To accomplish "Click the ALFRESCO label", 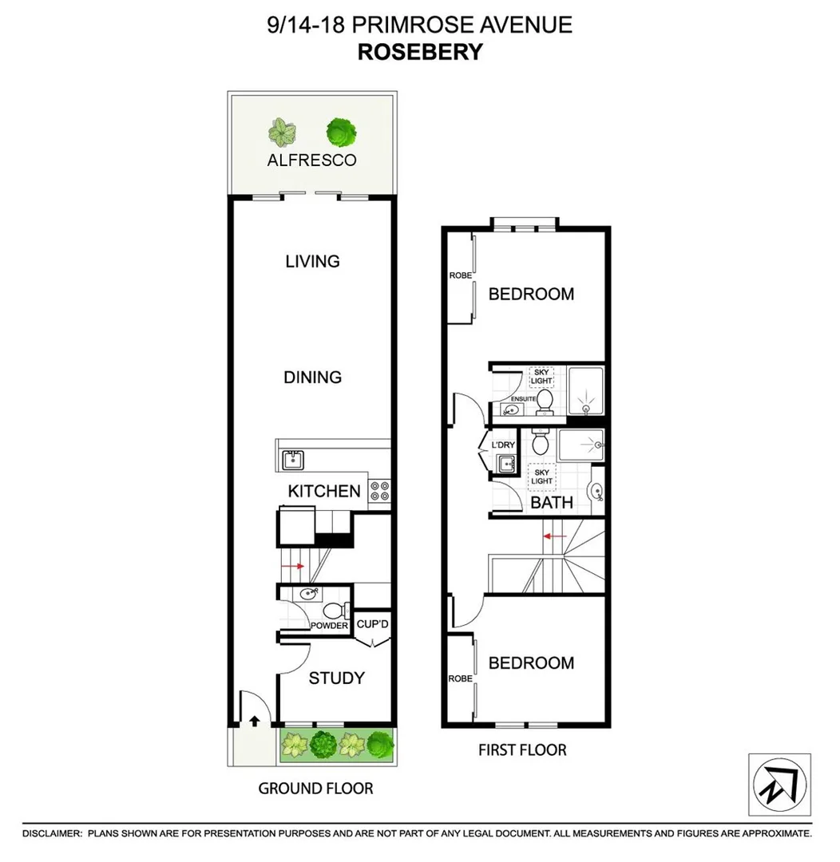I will click(312, 160).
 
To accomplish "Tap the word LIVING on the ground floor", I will click(312, 261).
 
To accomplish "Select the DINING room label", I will click(312, 377).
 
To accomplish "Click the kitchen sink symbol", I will click(292, 460).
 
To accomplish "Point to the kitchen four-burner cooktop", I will click(379, 492).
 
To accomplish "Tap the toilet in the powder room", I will click(339, 611).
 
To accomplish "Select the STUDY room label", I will click(336, 678).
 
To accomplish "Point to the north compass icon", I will click(779, 785).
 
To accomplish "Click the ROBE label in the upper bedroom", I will click(460, 275).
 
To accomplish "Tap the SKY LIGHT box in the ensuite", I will click(543, 377).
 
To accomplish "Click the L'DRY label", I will click(502, 444).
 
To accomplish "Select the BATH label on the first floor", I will click(552, 502).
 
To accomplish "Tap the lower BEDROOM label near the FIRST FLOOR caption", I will click(531, 663).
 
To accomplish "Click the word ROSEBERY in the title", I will click(419, 52).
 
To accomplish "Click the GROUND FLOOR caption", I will click(315, 789).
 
